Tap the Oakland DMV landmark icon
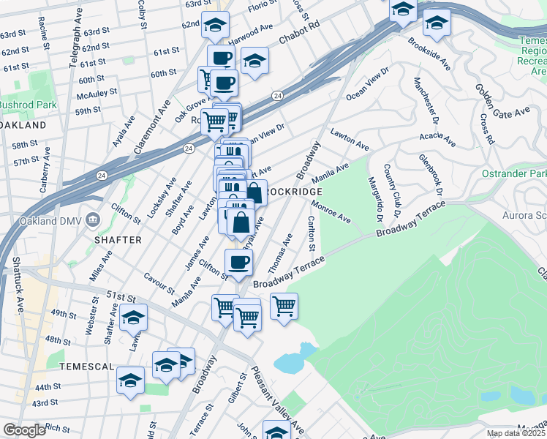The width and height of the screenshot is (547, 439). pyautogui.click(x=93, y=219)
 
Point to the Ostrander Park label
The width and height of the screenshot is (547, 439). pyautogui.click(x=515, y=174)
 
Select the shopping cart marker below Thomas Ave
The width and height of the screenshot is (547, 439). pyautogui.click(x=284, y=306)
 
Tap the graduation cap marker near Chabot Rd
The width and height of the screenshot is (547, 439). pyautogui.click(x=255, y=61)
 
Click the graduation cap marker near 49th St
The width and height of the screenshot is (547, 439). pyautogui.click(x=132, y=318)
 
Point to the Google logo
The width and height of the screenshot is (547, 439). pyautogui.click(x=23, y=430)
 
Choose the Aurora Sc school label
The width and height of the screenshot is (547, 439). pyautogui.click(x=524, y=215)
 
